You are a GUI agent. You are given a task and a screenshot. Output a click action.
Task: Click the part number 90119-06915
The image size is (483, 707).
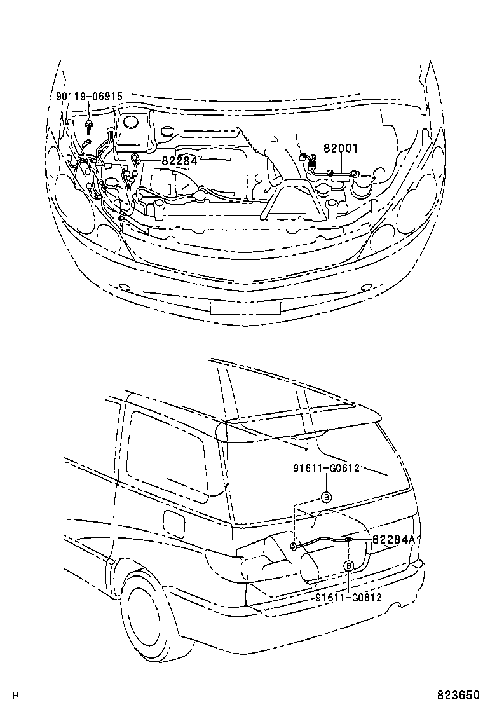[x=89, y=97]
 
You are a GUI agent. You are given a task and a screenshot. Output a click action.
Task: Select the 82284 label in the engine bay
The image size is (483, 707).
[x=179, y=161]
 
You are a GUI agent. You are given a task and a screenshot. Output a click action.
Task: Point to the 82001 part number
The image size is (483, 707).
[x=341, y=148]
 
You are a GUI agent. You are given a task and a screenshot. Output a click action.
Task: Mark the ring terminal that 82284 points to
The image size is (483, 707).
[x=135, y=158]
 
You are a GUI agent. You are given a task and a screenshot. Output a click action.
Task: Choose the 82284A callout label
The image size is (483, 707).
[x=393, y=539]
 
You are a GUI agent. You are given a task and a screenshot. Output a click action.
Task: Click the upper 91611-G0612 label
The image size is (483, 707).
[x=327, y=468]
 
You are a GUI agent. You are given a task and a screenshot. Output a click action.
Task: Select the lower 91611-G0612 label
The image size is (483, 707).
[x=348, y=597]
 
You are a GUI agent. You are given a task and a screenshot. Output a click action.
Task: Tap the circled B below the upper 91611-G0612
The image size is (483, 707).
[x=326, y=497]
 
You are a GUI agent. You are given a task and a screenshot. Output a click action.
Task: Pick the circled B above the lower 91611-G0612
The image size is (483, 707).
[x=349, y=566]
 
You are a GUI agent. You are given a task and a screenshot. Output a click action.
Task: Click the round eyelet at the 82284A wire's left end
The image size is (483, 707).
[x=293, y=546]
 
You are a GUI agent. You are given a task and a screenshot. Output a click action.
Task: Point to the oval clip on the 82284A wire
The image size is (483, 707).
[x=349, y=540]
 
